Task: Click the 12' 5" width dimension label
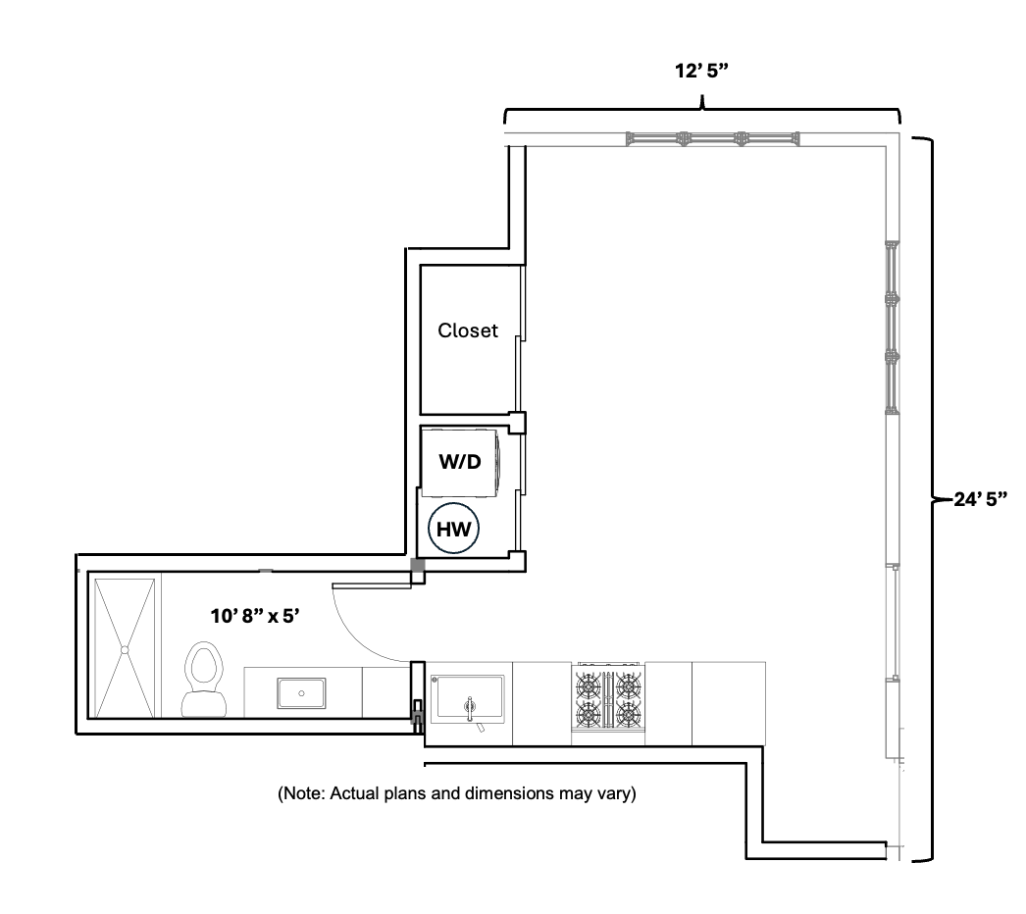click(x=701, y=71)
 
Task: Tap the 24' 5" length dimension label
click(x=980, y=499)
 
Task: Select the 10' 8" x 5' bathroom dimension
click(x=255, y=616)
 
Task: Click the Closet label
click(x=468, y=330)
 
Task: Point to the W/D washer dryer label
click(x=460, y=462)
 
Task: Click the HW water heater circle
click(x=453, y=529)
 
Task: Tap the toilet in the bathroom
click(x=203, y=679)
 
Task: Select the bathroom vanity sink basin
click(x=301, y=693)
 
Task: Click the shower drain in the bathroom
click(x=124, y=649)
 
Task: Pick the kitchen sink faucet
click(x=470, y=710)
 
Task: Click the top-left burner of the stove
click(x=588, y=685)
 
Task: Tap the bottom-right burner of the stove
click(x=628, y=715)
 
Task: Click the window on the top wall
click(x=712, y=138)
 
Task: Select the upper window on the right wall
click(x=893, y=328)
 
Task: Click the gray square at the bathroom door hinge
click(x=417, y=565)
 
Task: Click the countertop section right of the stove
click(x=669, y=704)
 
